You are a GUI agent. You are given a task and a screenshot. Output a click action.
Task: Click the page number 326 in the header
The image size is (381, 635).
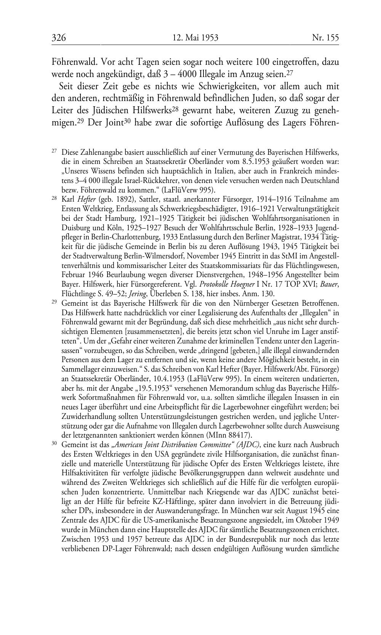point(59,38)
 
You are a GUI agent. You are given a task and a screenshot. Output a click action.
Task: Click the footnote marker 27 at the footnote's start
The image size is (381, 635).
point(54,151)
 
